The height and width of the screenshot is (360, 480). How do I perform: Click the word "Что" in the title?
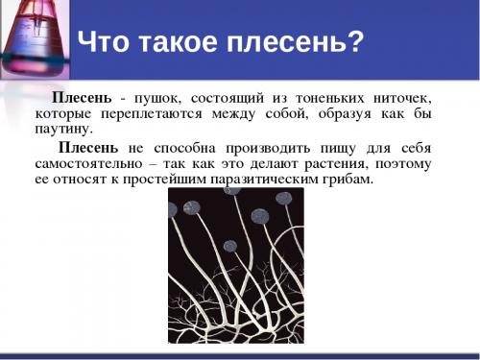105,43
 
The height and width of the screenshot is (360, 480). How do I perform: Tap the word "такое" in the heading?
181,43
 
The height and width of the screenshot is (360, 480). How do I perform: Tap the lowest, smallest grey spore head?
230,246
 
